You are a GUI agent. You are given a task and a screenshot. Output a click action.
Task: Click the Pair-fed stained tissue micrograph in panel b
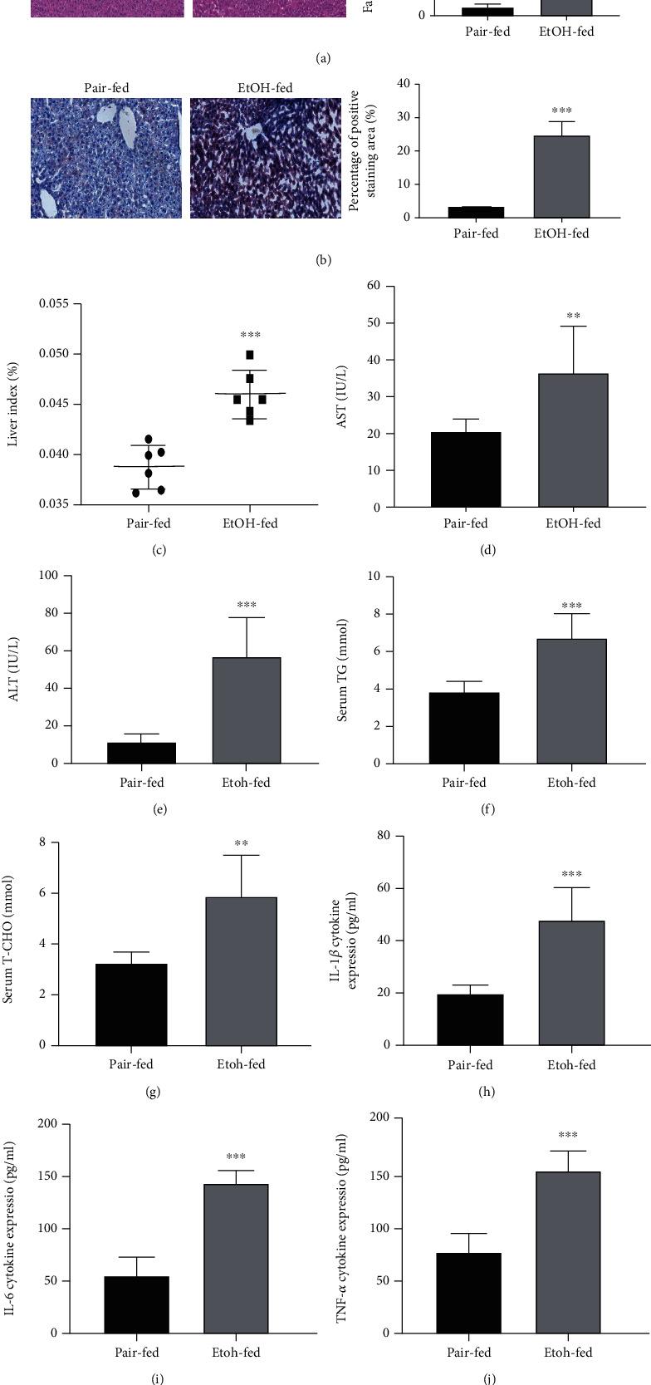pos(106,158)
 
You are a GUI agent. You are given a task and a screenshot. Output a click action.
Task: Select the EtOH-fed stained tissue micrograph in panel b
pos(266,158)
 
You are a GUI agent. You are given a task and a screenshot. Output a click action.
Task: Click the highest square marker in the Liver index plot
pos(250,355)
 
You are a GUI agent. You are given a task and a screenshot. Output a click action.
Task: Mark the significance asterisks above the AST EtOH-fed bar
pos(573,317)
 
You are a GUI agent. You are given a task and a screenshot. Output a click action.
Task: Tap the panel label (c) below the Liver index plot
pos(159,550)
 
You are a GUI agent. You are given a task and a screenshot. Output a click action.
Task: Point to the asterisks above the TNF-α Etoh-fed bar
pos(568,1136)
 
